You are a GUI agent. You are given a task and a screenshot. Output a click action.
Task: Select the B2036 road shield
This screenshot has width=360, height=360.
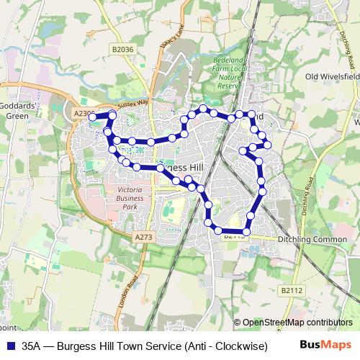click(x=124, y=49)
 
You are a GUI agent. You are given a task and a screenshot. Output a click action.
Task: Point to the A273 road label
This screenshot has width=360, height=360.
click(x=143, y=236)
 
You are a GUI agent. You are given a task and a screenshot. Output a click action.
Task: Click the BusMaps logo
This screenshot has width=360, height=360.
click(x=327, y=345)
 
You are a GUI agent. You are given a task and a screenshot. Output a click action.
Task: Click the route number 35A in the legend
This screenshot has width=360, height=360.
click(x=32, y=346)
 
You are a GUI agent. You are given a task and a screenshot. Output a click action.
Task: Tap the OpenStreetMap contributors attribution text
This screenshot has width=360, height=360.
click(x=297, y=323)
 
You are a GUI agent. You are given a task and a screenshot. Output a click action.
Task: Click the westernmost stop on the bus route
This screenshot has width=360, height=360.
click(x=92, y=117)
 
